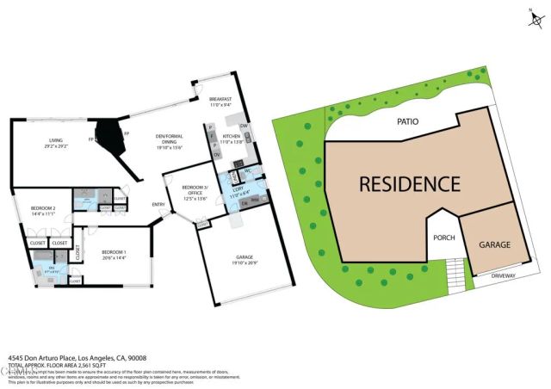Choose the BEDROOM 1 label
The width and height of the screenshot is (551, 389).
[114, 255]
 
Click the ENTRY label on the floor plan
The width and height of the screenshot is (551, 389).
[158, 204]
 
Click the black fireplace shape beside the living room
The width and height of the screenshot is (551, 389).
[110, 134]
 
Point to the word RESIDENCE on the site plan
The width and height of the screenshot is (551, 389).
[409, 183]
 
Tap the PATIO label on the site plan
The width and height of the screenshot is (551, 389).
[407, 122]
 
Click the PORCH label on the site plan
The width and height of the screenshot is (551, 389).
[443, 238]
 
